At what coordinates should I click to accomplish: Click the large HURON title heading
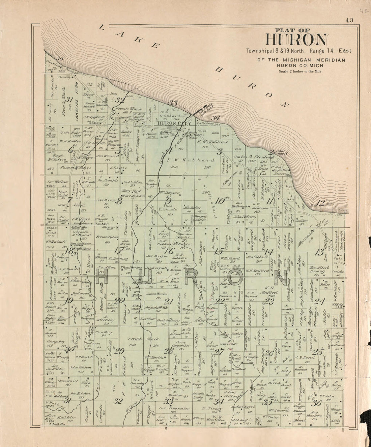click(x=296, y=40)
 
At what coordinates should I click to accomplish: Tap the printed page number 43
click(x=349, y=20)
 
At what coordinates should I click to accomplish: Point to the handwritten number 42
click(x=363, y=11)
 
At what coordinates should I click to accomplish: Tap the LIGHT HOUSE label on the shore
click(x=281, y=152)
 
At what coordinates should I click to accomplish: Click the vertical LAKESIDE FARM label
click(x=77, y=98)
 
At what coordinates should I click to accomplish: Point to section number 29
click(x=119, y=351)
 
